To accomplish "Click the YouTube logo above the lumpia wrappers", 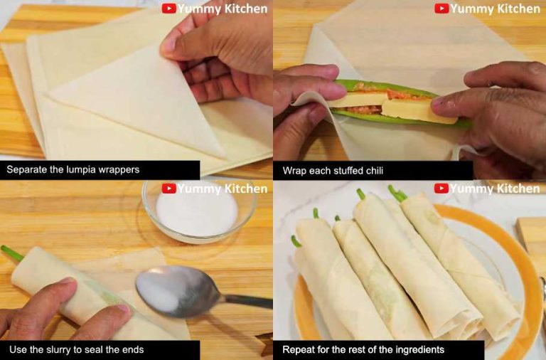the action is pyautogui.click(x=169, y=9).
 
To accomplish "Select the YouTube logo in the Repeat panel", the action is pyautogui.click(x=441, y=189).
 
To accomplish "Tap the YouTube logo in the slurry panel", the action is pyautogui.click(x=169, y=189).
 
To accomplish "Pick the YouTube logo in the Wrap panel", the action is pyautogui.click(x=441, y=9).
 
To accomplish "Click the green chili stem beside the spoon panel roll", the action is pyautogui.click(x=12, y=253).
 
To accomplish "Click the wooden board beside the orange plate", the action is pyautogui.click(x=531, y=240).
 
